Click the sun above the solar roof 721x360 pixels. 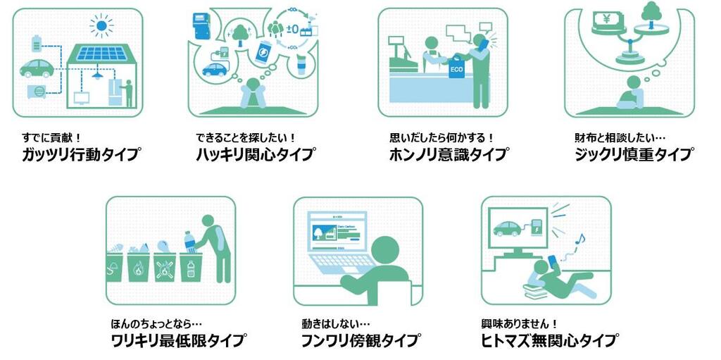(x=101, y=25)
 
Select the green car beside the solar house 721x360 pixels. (x=37, y=68)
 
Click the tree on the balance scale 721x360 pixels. (x=651, y=14)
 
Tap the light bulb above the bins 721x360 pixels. (x=163, y=247)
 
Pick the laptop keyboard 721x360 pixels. (x=344, y=262)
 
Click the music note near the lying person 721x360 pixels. (x=581, y=240)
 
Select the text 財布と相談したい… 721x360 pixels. (x=620, y=137)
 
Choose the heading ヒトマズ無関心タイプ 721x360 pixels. (x=548, y=341)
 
